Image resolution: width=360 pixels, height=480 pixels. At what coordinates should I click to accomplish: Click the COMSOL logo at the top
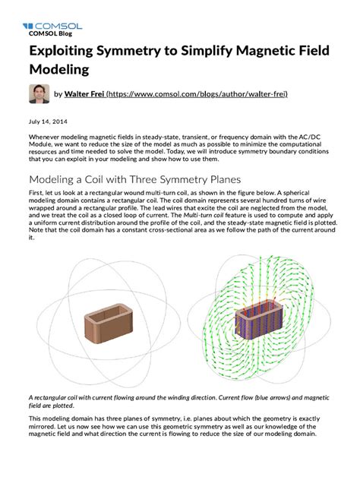(x=52, y=26)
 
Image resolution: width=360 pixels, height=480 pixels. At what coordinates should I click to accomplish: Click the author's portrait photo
(x=39, y=94)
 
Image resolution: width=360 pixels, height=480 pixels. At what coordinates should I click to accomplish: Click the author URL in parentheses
(x=197, y=94)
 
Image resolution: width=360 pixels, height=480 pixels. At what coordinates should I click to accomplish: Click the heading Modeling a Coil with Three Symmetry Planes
(x=134, y=180)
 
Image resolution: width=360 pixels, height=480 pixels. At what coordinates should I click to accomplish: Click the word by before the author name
(x=58, y=94)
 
